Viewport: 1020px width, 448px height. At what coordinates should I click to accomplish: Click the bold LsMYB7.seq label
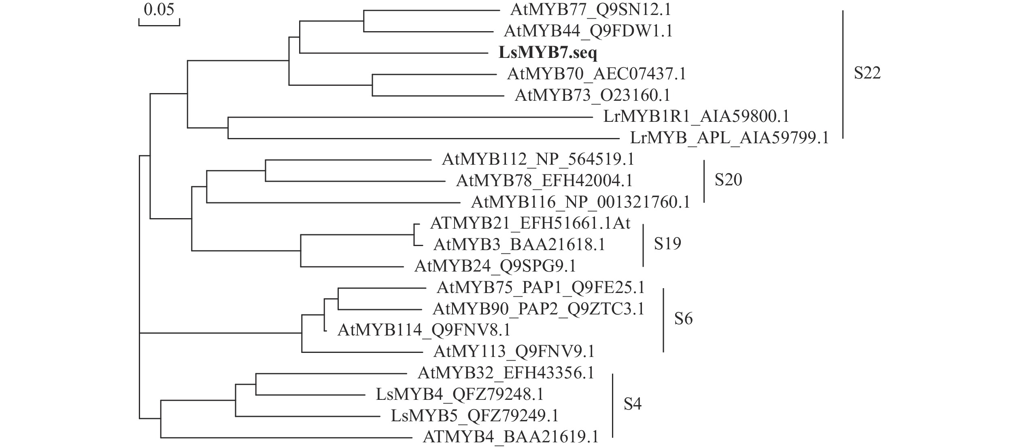point(548,53)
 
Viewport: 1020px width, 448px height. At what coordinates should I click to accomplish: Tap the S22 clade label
point(867,73)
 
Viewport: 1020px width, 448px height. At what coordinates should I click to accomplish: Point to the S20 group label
point(728,180)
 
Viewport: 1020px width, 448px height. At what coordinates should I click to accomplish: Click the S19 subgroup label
point(667,243)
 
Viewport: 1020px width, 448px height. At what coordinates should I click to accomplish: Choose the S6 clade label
point(683,319)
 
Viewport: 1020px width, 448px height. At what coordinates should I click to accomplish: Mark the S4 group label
point(632,404)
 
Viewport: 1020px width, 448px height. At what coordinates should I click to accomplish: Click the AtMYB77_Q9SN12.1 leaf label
point(591,10)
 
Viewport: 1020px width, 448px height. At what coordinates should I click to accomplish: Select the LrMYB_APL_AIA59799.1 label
point(729,138)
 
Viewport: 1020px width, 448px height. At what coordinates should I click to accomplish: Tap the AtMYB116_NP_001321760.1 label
point(580,202)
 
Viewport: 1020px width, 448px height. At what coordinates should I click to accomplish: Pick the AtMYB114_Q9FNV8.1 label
point(424,330)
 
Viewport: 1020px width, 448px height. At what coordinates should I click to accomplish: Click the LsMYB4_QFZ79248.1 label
point(460,394)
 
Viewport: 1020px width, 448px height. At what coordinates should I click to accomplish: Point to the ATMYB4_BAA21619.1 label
point(510,437)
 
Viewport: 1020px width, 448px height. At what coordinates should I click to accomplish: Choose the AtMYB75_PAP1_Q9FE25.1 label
point(540,288)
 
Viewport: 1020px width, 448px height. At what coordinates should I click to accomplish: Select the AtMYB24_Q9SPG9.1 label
point(495,266)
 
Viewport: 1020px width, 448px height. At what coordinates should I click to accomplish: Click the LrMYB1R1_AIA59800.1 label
point(696,117)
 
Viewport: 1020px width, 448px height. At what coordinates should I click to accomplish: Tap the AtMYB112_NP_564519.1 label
point(538,159)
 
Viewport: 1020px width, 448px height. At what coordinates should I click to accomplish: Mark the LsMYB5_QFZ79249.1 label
point(475,416)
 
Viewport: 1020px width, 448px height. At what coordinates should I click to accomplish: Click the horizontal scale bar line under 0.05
point(159,25)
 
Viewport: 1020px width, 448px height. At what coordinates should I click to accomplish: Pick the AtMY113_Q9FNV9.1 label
point(514,351)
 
